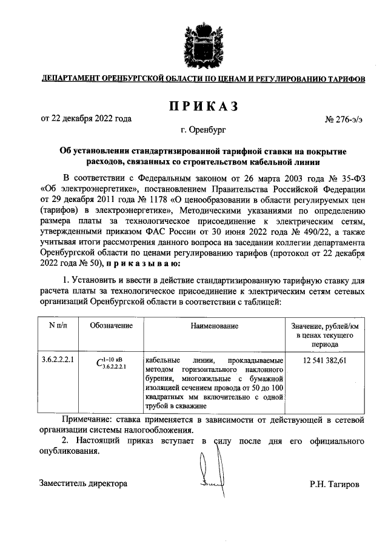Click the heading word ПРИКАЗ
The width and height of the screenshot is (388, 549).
[202, 107]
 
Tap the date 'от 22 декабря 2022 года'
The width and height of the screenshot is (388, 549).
[86, 118]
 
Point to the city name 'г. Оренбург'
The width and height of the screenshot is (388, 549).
[202, 130]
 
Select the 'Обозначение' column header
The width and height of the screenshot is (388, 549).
[111, 326]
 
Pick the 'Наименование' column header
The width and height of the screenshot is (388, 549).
[214, 326]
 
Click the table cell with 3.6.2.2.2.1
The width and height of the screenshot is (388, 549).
[58, 360]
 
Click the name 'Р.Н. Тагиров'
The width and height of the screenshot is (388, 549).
[334, 485]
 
